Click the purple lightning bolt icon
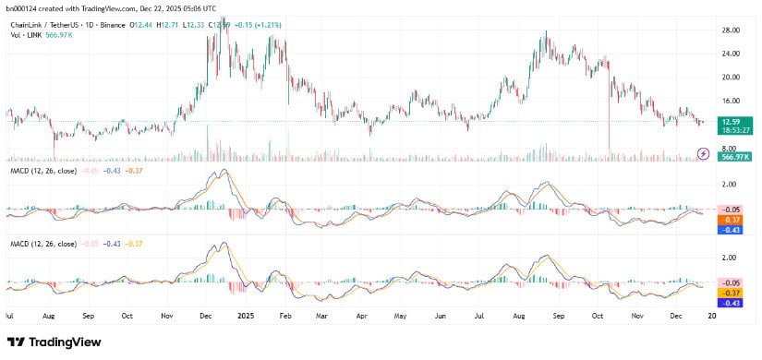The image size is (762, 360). pyautogui.click(x=703, y=152)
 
